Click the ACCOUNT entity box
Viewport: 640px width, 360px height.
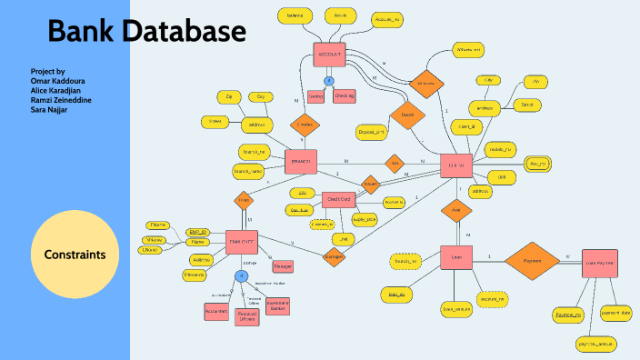click(x=329, y=55)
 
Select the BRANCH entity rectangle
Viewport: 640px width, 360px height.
click(x=300, y=162)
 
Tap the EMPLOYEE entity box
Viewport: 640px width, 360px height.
click(x=243, y=242)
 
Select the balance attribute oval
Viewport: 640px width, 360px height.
click(x=295, y=16)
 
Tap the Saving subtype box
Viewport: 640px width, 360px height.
click(x=316, y=95)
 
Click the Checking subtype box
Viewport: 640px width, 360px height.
click(x=345, y=95)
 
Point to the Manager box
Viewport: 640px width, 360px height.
click(x=283, y=266)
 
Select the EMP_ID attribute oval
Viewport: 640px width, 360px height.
click(x=198, y=232)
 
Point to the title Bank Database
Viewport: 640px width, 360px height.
click(x=146, y=32)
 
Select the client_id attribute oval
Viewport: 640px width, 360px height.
click(x=472, y=127)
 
